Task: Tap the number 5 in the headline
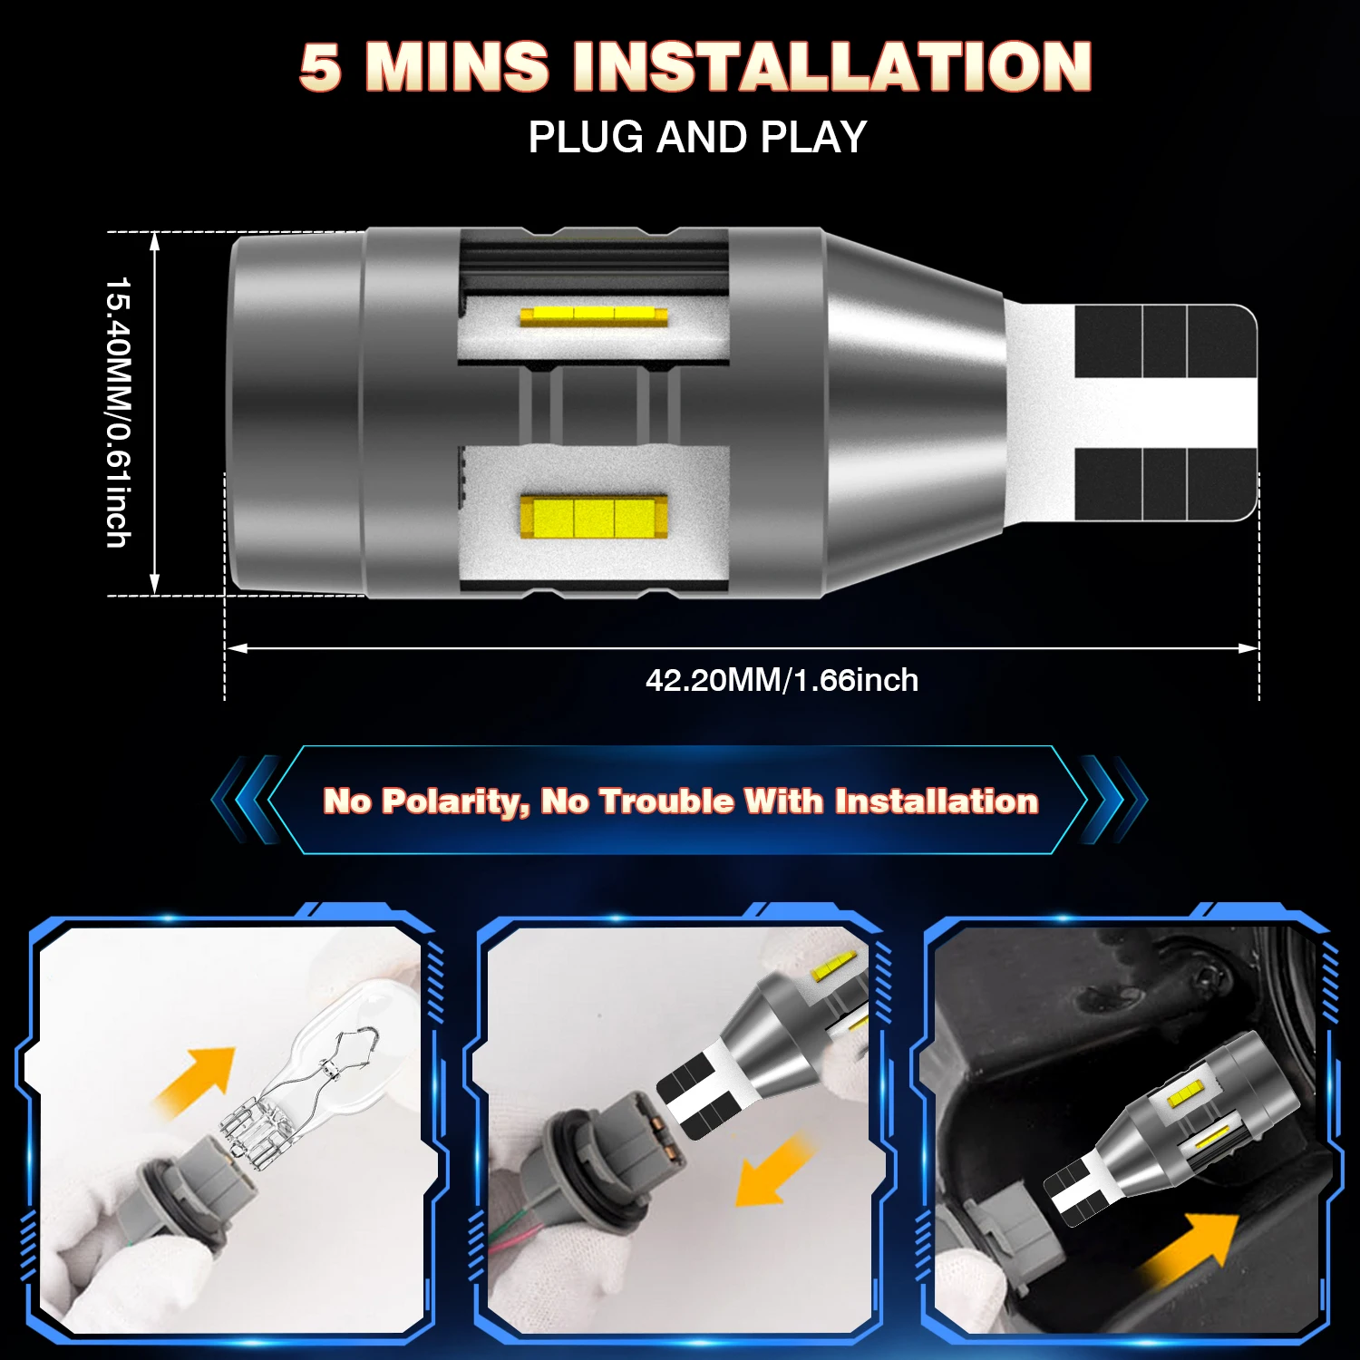(321, 67)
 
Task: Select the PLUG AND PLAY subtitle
(697, 137)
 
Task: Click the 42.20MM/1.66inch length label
(782, 680)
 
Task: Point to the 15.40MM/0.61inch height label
(119, 413)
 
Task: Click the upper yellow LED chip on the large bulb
(594, 316)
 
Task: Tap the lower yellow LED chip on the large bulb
(594, 515)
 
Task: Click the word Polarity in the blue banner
(456, 801)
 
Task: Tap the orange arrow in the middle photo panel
(773, 1170)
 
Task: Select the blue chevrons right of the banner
(1113, 800)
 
